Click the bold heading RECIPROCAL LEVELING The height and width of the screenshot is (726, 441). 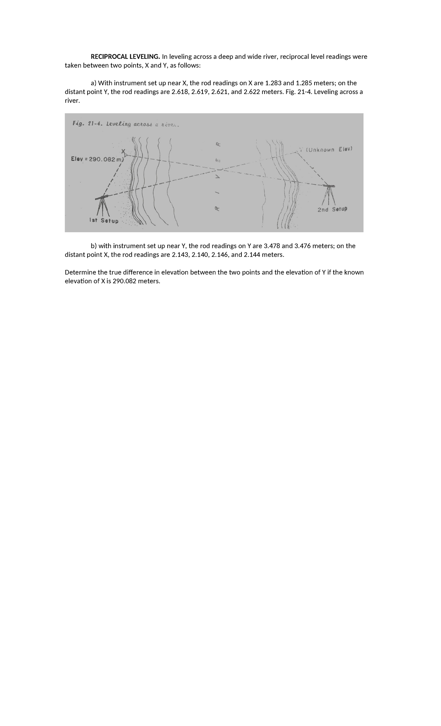[x=125, y=57]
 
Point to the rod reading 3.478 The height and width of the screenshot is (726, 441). [x=272, y=246]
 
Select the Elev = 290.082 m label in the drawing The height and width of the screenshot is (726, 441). [x=97, y=159]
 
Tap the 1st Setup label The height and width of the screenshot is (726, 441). [x=104, y=220]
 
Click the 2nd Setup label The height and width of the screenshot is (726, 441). [x=332, y=209]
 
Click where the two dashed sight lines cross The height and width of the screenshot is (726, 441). [x=220, y=169]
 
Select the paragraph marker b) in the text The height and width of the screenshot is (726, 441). [x=94, y=246]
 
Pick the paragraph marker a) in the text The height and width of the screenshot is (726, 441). [x=94, y=83]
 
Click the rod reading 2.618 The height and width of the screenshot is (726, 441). [x=180, y=92]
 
